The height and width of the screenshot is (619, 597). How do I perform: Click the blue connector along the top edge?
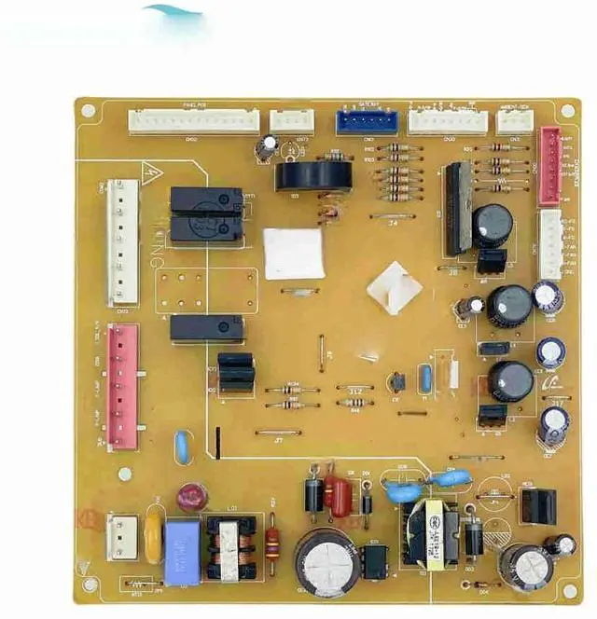tap(366, 122)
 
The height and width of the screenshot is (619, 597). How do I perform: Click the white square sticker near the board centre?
tap(294, 253)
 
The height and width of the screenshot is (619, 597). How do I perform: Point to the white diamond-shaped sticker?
tap(394, 285)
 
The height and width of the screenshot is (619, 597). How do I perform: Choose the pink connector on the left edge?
tap(122, 386)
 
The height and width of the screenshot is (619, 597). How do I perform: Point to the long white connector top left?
tap(194, 121)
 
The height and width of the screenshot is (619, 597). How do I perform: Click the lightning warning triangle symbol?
tap(147, 172)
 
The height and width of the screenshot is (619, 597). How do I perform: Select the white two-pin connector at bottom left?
tap(120, 537)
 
